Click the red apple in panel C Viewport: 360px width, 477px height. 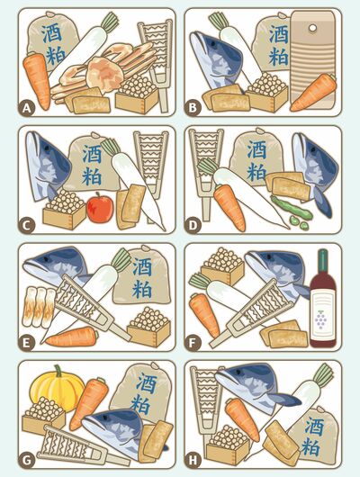click(x=100, y=208)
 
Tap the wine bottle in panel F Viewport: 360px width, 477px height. click(x=323, y=299)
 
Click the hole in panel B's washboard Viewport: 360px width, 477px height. click(x=312, y=29)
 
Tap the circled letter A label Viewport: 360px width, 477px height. click(x=27, y=108)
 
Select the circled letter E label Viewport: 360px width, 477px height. click(x=27, y=343)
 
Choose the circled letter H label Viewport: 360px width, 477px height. click(x=193, y=460)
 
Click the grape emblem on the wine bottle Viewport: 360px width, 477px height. click(x=320, y=319)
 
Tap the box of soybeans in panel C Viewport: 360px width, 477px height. click(x=64, y=209)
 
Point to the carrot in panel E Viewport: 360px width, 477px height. click(x=72, y=337)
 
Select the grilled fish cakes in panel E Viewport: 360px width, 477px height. click(x=39, y=306)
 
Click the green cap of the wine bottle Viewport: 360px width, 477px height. click(x=323, y=258)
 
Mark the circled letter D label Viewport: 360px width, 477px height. click(x=193, y=226)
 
